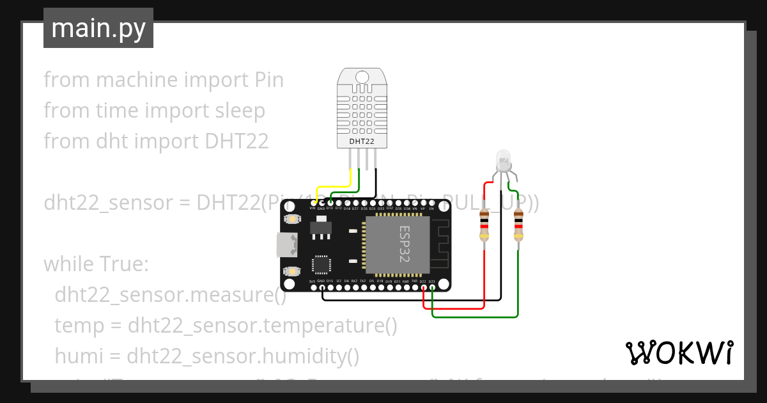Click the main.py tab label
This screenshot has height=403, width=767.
pos(98,28)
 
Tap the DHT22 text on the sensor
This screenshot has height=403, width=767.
pos(362,141)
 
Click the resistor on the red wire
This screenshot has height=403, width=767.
pos(484,226)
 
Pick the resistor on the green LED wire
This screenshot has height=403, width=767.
pos(518,226)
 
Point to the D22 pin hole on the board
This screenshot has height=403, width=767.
pos(423,288)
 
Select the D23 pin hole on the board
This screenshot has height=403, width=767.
pos(432,288)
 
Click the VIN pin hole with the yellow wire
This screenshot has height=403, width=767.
pos(313,202)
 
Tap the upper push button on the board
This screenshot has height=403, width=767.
pos(292,219)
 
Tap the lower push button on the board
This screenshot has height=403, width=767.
pos(292,271)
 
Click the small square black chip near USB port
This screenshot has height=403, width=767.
pos(322,265)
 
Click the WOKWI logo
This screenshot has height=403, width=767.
pos(679,352)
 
